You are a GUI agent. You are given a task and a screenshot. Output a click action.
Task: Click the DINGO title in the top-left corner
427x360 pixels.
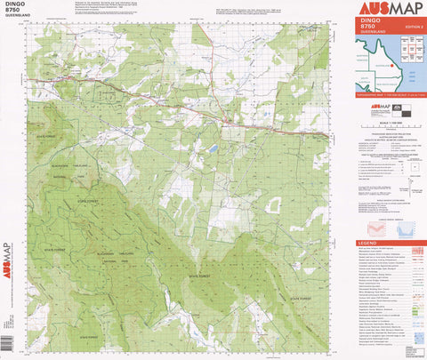[x=12, y=5]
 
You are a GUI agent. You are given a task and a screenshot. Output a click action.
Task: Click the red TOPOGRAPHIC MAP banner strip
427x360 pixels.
[x=390, y=93]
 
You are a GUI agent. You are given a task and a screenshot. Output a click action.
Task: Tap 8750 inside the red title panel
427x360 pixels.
[x=367, y=28]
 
